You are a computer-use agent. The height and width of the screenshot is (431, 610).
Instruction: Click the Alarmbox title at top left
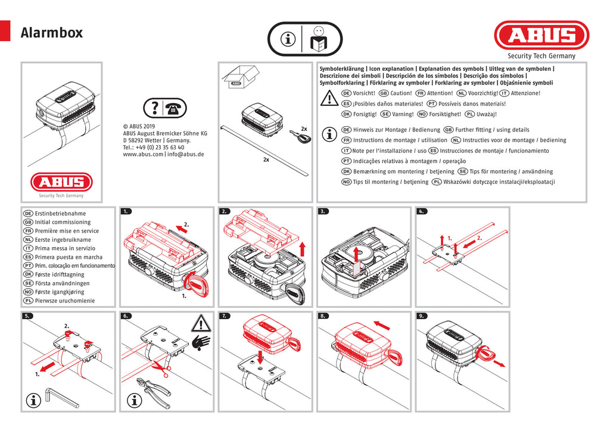coord(52,33)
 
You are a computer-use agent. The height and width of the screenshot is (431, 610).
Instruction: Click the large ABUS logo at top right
coord(541,36)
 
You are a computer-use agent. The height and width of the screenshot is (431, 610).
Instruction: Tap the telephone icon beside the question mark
coord(175,108)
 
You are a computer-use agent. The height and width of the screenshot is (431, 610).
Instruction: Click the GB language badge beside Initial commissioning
coord(27,222)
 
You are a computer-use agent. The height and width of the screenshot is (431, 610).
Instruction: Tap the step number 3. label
coord(323,211)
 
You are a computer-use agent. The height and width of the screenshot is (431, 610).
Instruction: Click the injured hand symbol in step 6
coord(201,343)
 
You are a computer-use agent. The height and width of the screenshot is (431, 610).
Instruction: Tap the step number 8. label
coord(323,316)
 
